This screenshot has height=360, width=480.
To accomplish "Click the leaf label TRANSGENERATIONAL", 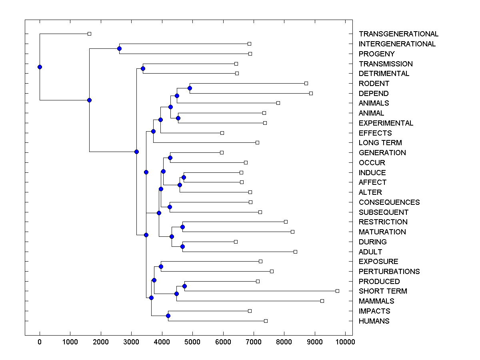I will click(x=398, y=34).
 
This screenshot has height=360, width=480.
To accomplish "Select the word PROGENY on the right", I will click(x=376, y=54).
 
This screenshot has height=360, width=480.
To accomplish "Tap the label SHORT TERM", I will click(x=383, y=291).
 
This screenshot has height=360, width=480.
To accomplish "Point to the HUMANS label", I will click(x=374, y=321).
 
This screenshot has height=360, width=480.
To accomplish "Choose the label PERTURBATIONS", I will click(x=389, y=272).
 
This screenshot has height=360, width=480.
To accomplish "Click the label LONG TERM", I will click(x=380, y=143).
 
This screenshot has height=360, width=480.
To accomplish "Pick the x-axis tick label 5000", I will click(x=192, y=342).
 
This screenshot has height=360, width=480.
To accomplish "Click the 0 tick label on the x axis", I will click(x=40, y=342).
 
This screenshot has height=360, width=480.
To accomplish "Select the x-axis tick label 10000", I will click(x=345, y=342).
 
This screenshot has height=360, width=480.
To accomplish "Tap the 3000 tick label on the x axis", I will click(x=131, y=342).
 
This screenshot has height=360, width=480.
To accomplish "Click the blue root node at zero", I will click(x=40, y=67).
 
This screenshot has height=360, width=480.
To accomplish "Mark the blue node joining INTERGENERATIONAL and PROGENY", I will click(x=119, y=49).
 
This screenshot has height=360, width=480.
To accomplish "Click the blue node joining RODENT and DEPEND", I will click(x=190, y=88).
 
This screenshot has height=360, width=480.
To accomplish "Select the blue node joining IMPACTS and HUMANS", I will click(x=168, y=316).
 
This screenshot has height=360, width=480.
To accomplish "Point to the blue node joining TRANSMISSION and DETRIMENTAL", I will click(x=143, y=69).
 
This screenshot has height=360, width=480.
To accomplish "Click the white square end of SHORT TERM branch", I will click(x=337, y=291).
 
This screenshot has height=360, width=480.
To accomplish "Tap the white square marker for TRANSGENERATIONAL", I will click(x=89, y=34).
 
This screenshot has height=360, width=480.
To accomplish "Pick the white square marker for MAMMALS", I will click(x=322, y=301).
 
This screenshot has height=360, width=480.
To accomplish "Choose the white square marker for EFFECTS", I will click(x=222, y=133).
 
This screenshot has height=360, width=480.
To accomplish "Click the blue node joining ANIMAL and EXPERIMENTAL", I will click(x=178, y=118).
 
